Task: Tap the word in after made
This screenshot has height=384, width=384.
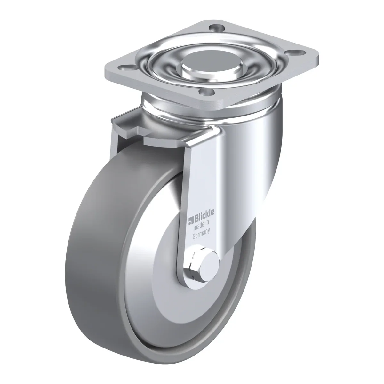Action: [206, 223]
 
